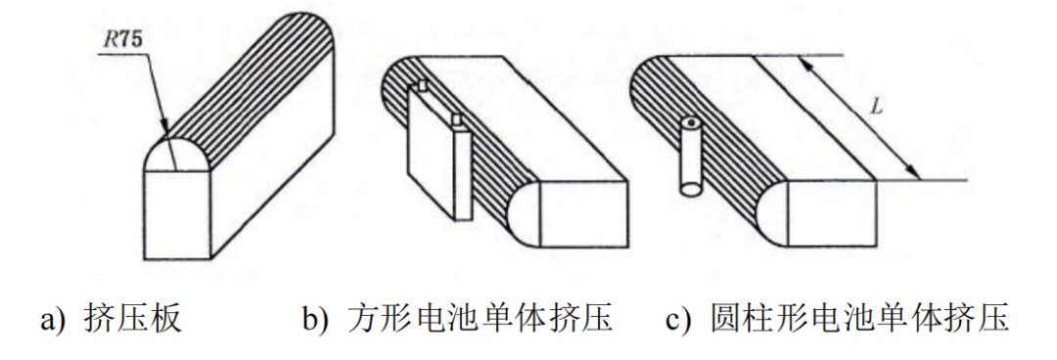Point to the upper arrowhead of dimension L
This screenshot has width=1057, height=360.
804,62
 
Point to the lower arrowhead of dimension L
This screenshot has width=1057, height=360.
918,176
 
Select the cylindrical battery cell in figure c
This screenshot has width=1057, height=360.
691,157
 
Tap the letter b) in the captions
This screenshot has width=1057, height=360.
315,319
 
